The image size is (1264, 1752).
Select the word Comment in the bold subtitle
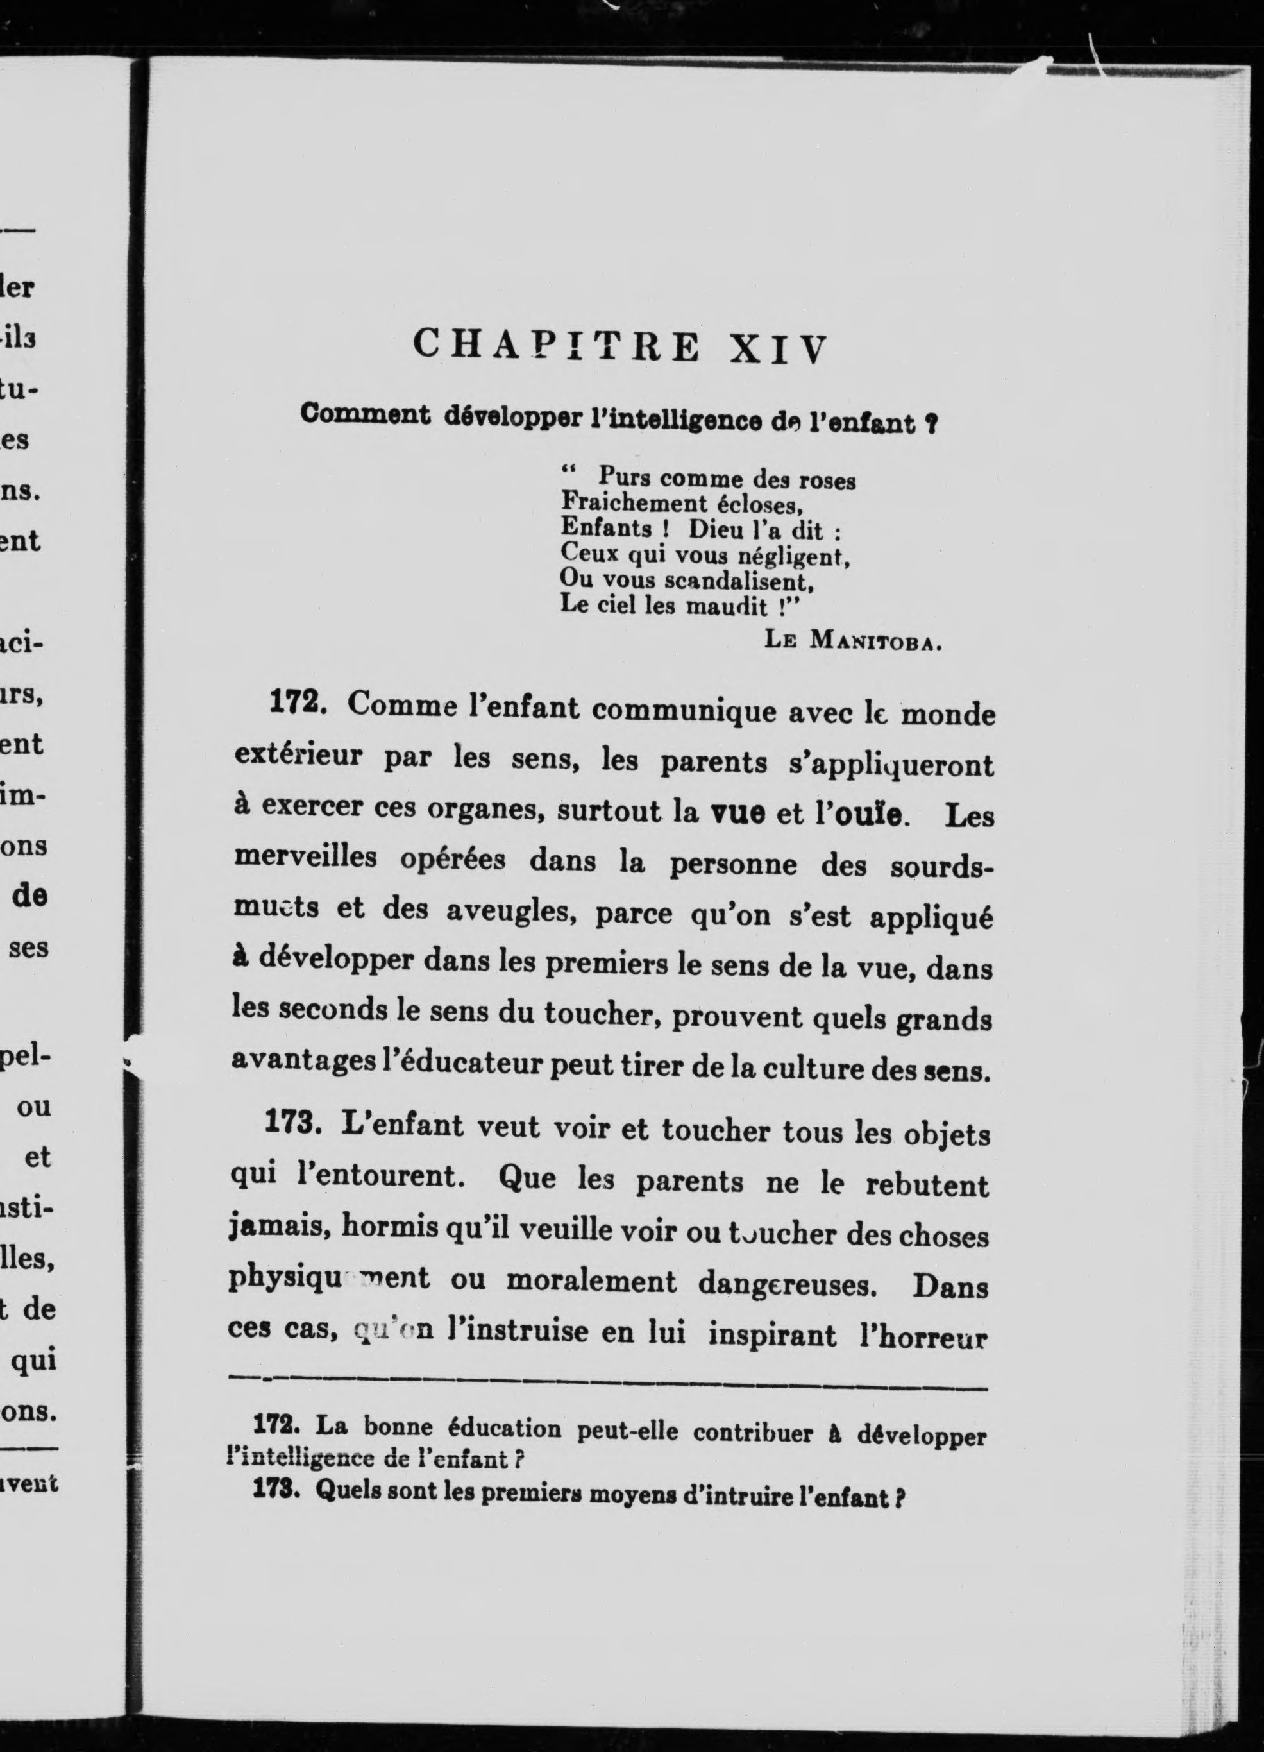[x=366, y=415]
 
